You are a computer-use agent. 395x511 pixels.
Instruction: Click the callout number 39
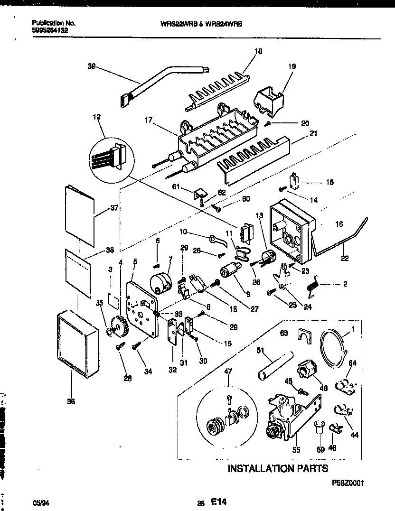pyautogui.click(x=92, y=67)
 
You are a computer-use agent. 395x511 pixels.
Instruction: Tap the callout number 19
pyautogui.click(x=292, y=67)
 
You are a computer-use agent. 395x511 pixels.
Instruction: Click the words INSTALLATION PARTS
pyautogui.click(x=278, y=469)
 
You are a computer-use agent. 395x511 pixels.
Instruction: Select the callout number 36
pyautogui.click(x=71, y=401)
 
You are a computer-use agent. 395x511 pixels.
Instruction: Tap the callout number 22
pyautogui.click(x=345, y=259)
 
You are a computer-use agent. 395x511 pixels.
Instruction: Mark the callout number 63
pyautogui.click(x=284, y=334)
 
